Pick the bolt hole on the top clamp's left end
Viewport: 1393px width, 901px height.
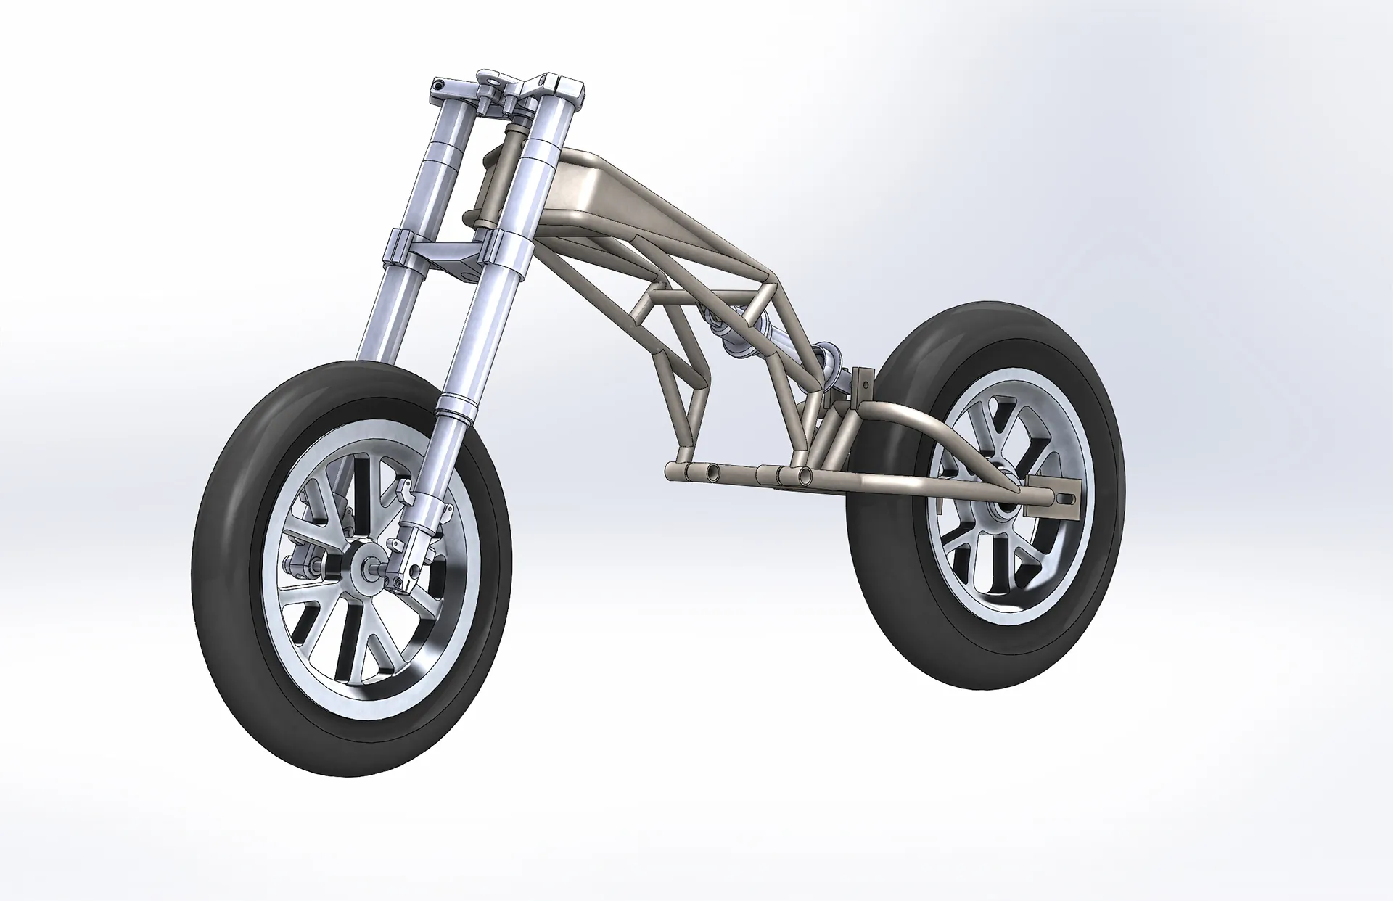(x=437, y=86)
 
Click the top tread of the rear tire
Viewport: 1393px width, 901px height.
(x=965, y=319)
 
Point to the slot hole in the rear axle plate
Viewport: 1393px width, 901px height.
(x=1064, y=498)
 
